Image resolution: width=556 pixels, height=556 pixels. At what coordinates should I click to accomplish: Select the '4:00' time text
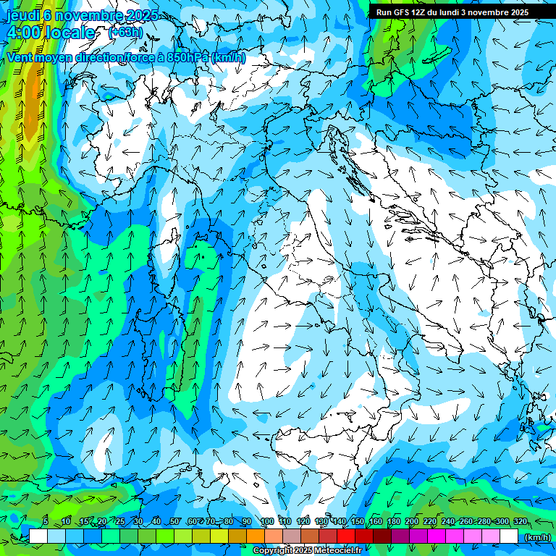23,33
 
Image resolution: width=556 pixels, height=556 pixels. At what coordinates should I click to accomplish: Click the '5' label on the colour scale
46,521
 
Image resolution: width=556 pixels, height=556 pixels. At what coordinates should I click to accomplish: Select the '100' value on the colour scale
266,521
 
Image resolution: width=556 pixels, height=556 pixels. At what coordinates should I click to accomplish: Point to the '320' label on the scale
520,521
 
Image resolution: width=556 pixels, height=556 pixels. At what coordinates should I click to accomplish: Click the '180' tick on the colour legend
393,521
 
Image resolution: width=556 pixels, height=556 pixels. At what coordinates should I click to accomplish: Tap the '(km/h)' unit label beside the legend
537,537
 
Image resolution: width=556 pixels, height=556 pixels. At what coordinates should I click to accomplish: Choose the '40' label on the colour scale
156,521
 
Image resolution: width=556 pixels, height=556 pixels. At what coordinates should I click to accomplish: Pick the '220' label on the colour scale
429,521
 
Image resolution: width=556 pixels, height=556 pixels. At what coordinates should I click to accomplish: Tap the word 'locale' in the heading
69,33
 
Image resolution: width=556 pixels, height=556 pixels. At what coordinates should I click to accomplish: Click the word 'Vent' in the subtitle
20,57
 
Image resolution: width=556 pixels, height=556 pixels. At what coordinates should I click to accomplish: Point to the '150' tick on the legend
357,521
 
